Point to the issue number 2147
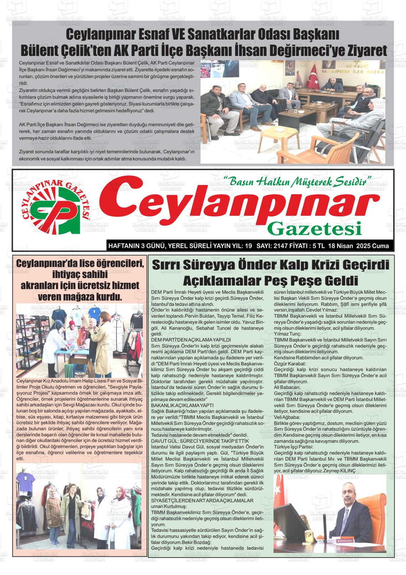point(279,246)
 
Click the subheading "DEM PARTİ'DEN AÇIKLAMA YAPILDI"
point(191,340)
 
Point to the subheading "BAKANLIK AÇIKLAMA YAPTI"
point(182,405)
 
